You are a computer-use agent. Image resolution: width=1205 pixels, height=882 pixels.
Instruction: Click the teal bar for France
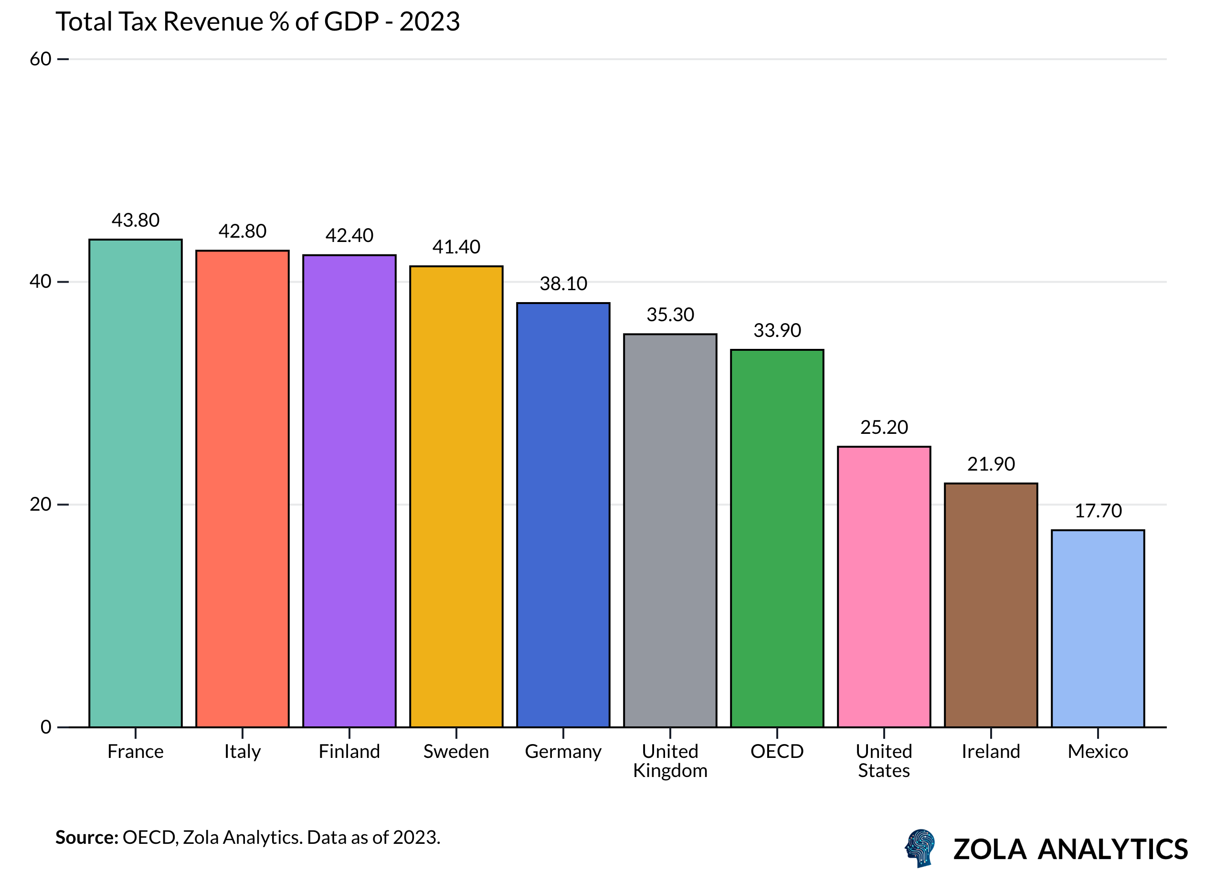pyautogui.click(x=136, y=483)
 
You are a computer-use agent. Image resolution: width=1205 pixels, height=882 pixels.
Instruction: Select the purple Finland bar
pyautogui.click(x=349, y=491)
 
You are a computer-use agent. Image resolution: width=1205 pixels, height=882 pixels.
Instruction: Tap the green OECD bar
pyautogui.click(x=777, y=538)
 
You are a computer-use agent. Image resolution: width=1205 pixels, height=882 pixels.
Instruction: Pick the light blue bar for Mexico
pyautogui.click(x=1098, y=629)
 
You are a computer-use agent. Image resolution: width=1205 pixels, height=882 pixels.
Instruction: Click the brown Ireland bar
pyautogui.click(x=991, y=605)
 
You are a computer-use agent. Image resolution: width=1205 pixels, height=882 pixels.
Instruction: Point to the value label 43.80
pyautogui.click(x=136, y=220)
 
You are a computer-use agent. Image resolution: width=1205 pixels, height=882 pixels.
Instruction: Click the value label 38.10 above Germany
pyautogui.click(x=563, y=284)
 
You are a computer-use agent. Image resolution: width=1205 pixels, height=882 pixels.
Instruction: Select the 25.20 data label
pyautogui.click(x=884, y=428)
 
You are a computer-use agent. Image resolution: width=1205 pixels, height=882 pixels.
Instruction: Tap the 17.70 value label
pyautogui.click(x=1098, y=512)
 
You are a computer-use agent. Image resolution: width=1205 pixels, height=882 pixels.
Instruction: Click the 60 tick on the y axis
pyautogui.click(x=40, y=59)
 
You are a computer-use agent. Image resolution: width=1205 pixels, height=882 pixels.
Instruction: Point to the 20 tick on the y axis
pyautogui.click(x=40, y=504)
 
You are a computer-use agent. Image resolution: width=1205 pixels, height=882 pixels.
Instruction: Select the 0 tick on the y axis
pyautogui.click(x=46, y=726)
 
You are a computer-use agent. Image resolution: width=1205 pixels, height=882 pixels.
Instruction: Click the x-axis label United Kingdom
pyautogui.click(x=670, y=761)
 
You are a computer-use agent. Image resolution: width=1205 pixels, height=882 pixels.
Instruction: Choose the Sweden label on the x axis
pyautogui.click(x=456, y=752)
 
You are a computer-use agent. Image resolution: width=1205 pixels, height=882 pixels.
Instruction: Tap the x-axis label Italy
pyautogui.click(x=243, y=752)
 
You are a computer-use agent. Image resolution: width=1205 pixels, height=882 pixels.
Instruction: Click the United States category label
pyautogui.click(x=884, y=761)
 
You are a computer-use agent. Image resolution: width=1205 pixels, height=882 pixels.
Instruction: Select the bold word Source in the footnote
pyautogui.click(x=86, y=837)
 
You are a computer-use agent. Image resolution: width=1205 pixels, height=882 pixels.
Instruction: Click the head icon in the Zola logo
pyautogui.click(x=920, y=848)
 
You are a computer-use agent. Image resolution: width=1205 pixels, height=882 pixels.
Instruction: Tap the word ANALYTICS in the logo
pyautogui.click(x=1112, y=850)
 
